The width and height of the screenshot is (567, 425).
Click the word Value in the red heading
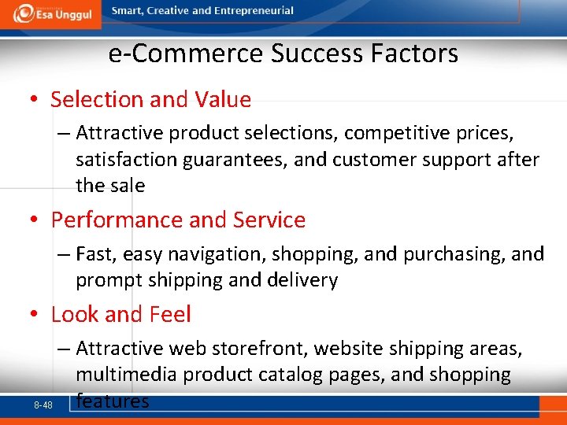(x=224, y=100)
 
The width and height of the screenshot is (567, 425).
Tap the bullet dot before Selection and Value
(x=34, y=100)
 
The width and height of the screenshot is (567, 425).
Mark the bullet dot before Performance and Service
(x=34, y=220)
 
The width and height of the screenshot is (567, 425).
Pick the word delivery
(x=303, y=280)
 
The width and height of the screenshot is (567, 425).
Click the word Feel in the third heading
(x=168, y=315)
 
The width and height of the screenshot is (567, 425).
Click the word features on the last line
(x=112, y=401)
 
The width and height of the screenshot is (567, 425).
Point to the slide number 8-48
(x=43, y=405)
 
